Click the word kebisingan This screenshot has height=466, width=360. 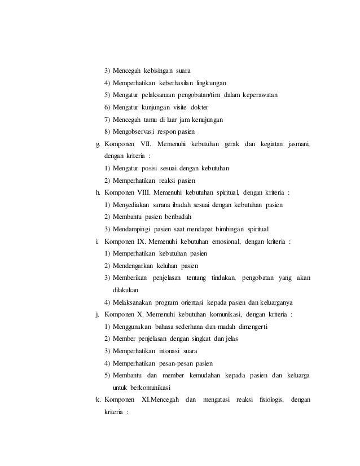pos(159,71)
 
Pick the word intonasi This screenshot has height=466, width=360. pos(175,351)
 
